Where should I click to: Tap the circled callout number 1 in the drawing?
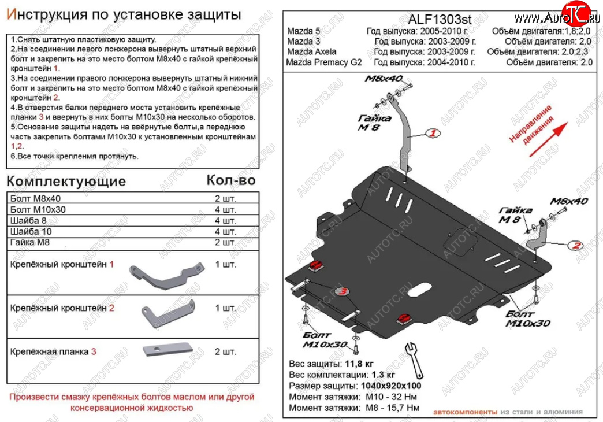pos(433,134)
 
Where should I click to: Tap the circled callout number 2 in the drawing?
pos(575,246)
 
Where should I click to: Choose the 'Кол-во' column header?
pos(230,181)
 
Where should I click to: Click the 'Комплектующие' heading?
pos(66,182)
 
